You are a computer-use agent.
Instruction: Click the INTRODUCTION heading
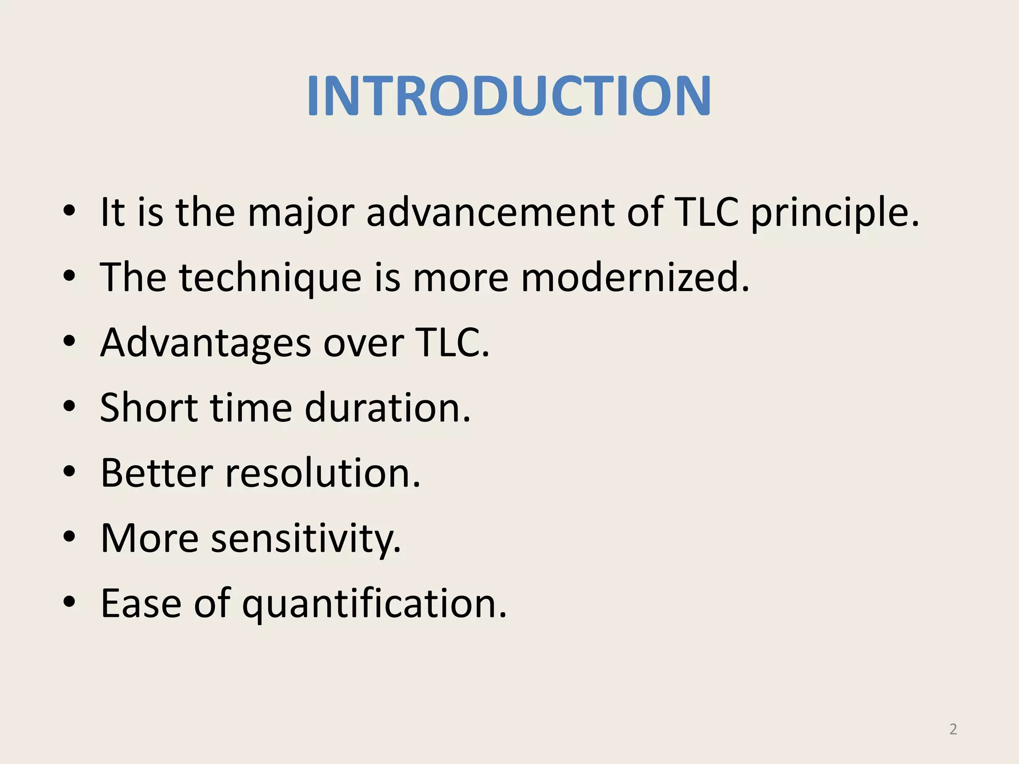[x=509, y=96]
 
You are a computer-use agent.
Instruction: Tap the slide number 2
[x=953, y=729]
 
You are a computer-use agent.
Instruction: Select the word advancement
[x=491, y=212]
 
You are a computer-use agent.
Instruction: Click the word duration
[x=387, y=408]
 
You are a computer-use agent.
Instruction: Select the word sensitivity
[x=306, y=539]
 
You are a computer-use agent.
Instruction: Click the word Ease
[x=141, y=603]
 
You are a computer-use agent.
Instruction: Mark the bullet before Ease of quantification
[x=69, y=602]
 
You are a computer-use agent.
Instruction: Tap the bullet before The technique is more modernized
[x=69, y=276]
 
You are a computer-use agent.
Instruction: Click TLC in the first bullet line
[x=706, y=212]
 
